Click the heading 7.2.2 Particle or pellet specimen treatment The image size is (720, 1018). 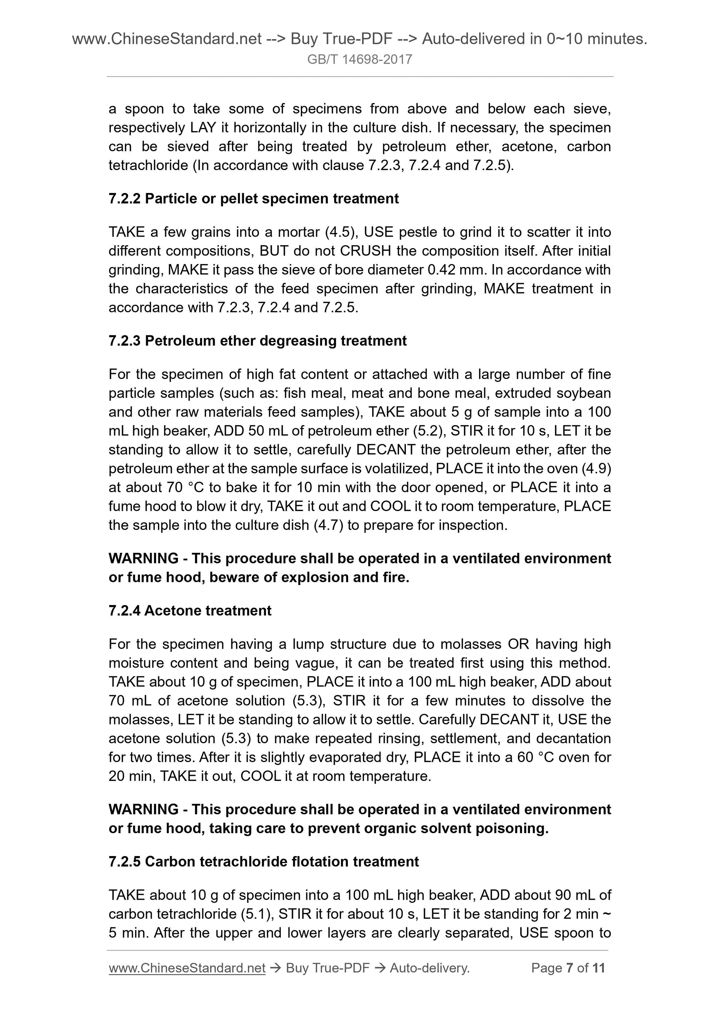click(253, 199)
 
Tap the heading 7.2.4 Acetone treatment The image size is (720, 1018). click(189, 611)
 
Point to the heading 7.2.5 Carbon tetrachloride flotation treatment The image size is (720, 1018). click(263, 862)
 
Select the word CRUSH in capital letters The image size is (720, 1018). click(365, 251)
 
